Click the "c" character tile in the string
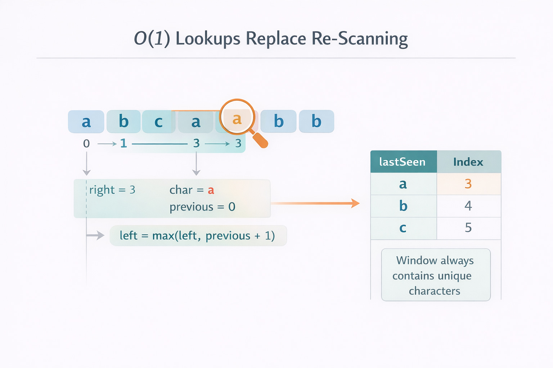tap(158, 122)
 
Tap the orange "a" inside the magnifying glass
tap(237, 119)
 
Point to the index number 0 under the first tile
tap(86, 144)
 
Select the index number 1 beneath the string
tap(123, 143)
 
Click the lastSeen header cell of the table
tap(403, 162)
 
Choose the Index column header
tap(468, 162)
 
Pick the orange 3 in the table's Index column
tap(468, 184)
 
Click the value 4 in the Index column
tap(468, 206)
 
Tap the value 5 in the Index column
tap(468, 228)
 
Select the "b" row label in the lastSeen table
tap(403, 206)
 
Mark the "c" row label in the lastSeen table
tap(403, 228)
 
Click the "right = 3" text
tap(112, 190)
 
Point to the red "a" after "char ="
tap(211, 190)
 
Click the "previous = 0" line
tap(202, 207)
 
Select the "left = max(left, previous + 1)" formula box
tap(198, 236)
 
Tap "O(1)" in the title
tap(152, 38)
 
